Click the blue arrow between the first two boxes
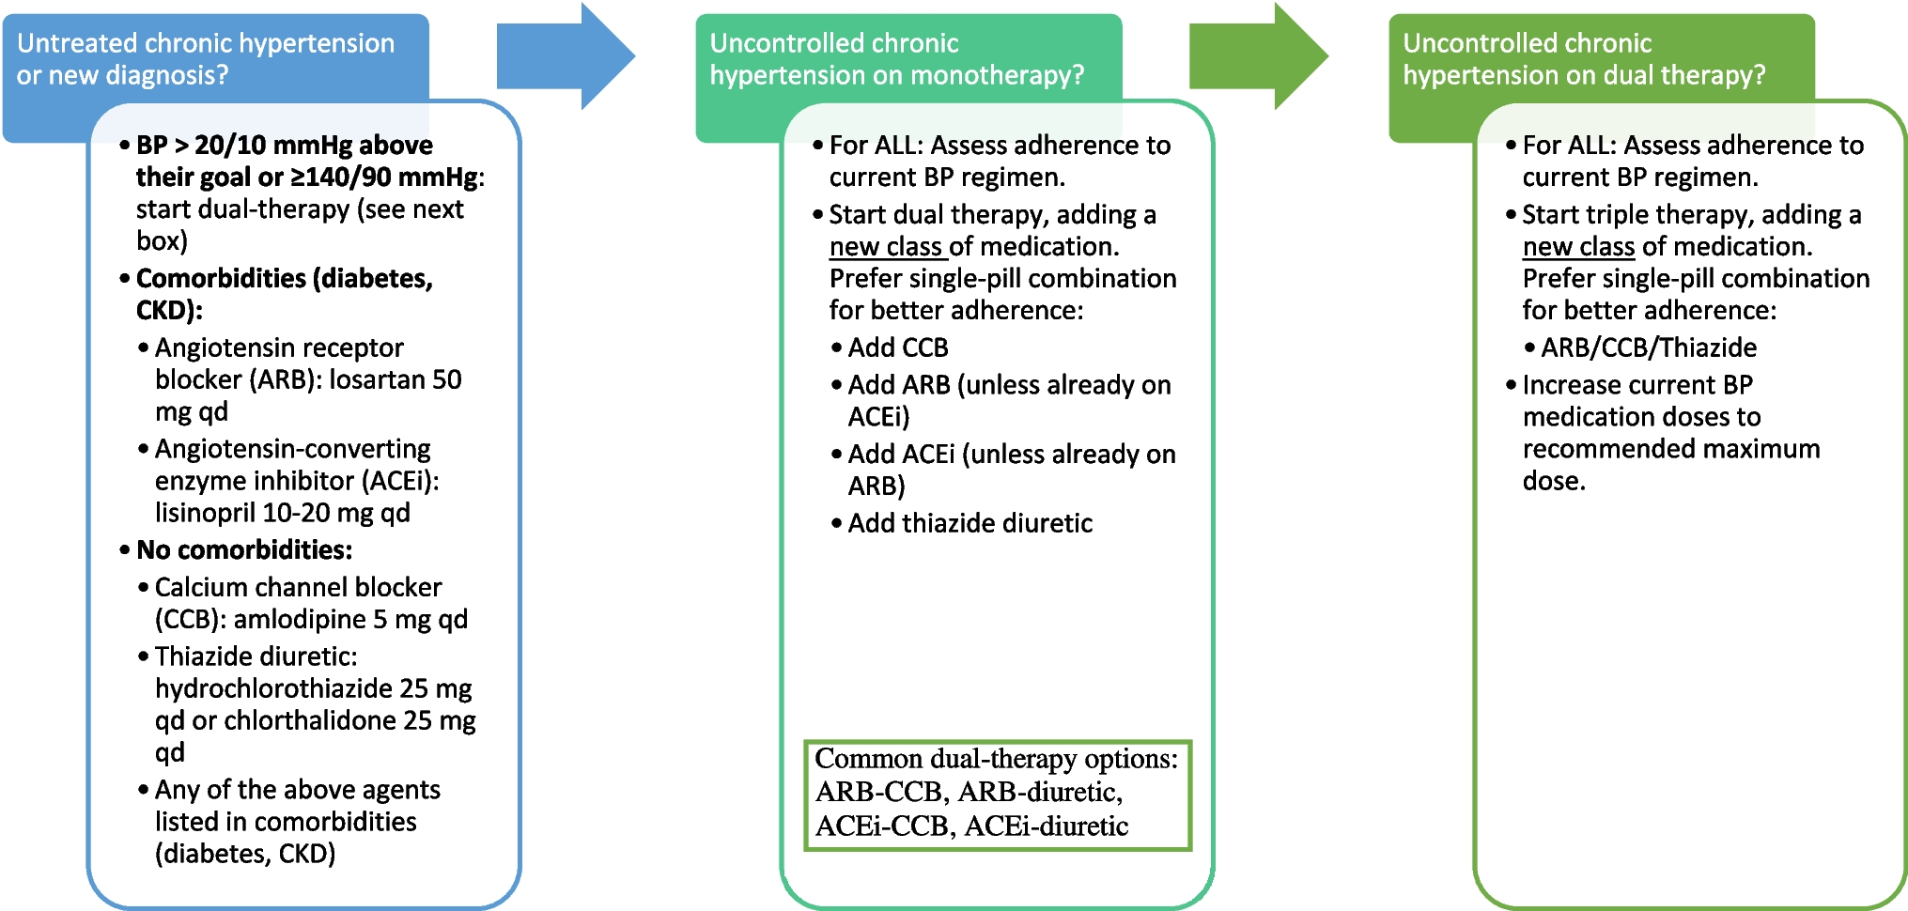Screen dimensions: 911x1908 tap(564, 56)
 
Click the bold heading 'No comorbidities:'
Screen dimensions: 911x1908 tap(244, 550)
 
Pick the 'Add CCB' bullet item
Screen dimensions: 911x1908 tap(897, 348)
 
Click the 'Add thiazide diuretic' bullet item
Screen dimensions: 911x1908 tap(970, 524)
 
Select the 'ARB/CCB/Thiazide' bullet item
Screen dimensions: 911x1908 tap(1648, 348)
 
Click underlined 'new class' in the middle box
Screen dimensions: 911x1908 tap(885, 247)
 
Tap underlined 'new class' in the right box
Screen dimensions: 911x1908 tap(1578, 247)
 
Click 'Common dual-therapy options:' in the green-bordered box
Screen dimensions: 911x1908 tap(995, 759)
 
